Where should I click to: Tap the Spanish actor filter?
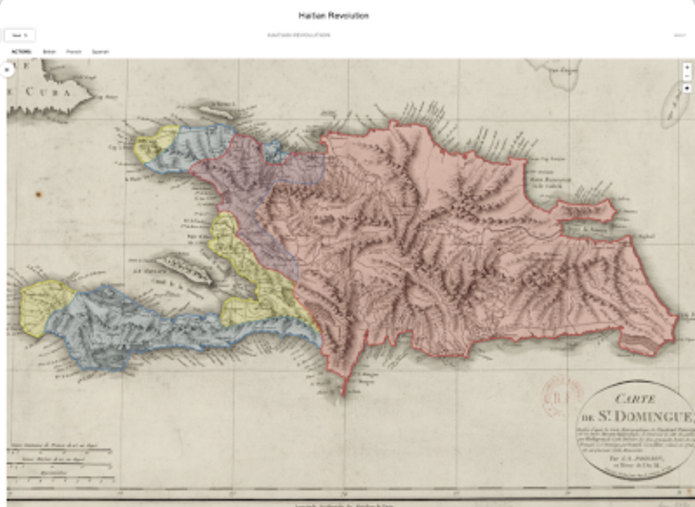click(100, 52)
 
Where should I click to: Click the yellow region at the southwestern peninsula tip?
click(42, 307)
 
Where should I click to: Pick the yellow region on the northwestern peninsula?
click(152, 145)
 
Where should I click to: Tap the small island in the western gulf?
click(181, 271)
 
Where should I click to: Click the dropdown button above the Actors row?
click(19, 35)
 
